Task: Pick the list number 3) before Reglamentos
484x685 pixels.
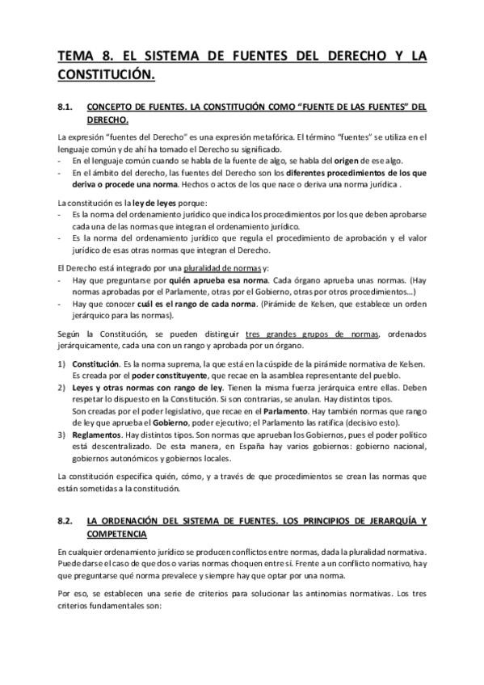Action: point(62,434)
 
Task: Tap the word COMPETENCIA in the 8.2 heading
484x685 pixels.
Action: point(116,534)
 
